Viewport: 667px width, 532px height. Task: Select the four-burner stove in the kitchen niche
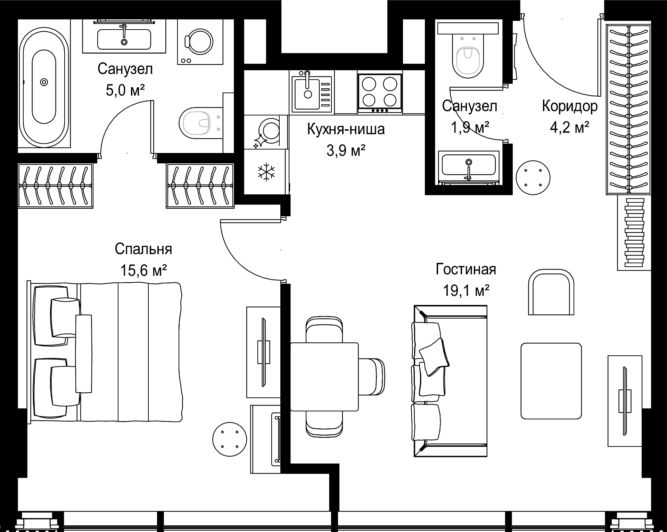[380, 93]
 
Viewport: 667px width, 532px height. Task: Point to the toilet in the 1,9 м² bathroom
[468, 57]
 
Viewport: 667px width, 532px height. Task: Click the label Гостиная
[466, 269]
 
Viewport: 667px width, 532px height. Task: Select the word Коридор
[570, 107]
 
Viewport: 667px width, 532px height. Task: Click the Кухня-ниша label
[346, 129]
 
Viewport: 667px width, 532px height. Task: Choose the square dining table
[324, 377]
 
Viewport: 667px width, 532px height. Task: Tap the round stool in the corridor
[533, 178]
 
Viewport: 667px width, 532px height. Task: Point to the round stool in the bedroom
[230, 439]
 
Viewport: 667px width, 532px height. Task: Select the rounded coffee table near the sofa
[551, 381]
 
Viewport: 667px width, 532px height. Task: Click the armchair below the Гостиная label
[551, 292]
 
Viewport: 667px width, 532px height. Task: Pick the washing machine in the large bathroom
[200, 41]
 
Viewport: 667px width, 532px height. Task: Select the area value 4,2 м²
[569, 128]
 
